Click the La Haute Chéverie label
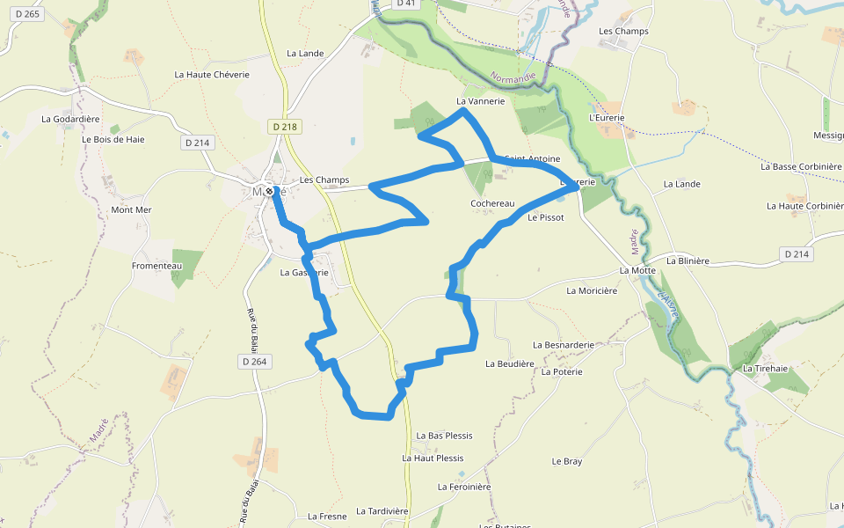212,75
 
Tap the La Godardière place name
71,119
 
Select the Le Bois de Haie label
113,139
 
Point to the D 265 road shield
27,14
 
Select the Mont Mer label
131,210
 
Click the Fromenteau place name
156,266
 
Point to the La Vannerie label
481,101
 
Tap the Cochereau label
492,203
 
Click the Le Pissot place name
545,216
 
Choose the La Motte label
638,271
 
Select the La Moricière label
592,290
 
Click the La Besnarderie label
564,345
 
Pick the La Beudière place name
510,363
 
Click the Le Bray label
567,461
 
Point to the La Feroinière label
464,487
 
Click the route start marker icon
270,190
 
